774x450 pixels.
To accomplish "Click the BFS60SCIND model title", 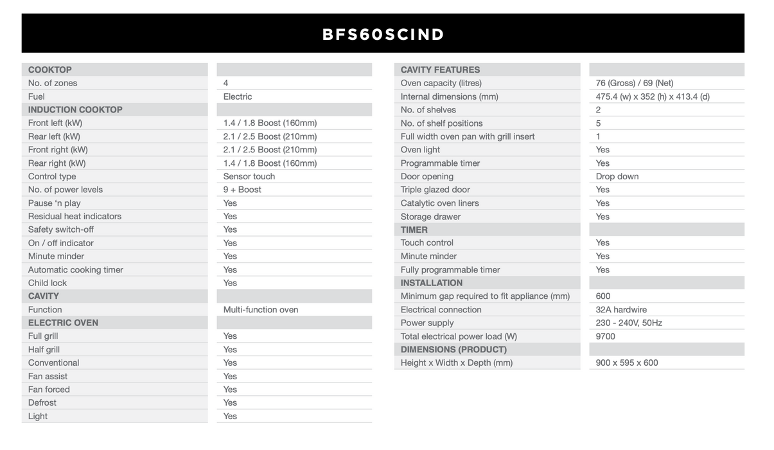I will pos(383,34).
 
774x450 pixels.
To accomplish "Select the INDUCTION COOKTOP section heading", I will pos(75,109).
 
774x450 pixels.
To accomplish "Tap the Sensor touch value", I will pos(249,176).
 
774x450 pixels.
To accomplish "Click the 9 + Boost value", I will pos(242,190).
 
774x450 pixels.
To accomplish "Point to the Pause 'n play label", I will pos(55,203).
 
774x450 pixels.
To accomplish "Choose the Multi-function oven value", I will pos(261,309).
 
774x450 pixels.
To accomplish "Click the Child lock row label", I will pos(48,283).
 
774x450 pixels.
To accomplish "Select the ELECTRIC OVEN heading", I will pos(63,323).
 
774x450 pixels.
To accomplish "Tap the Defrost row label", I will pos(42,402).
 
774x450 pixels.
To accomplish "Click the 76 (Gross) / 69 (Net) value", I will pos(635,83).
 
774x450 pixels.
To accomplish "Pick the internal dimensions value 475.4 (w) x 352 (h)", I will pos(653,96).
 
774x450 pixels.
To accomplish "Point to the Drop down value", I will pos(617,176).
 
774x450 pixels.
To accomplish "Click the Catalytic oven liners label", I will pos(440,203).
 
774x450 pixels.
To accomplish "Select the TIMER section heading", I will pos(414,230).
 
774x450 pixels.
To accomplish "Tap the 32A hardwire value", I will pos(621,309).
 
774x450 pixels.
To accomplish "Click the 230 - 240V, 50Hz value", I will pos(629,323).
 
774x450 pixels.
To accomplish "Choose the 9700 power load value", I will pos(606,336).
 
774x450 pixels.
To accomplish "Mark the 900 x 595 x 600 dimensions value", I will pos(627,363).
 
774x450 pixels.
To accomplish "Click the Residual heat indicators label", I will pos(75,216).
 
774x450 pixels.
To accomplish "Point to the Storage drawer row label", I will pos(431,217).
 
